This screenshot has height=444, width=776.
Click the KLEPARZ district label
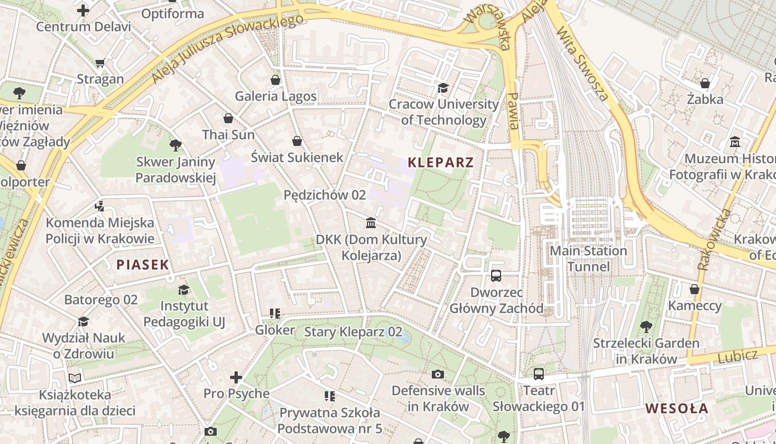(x=441, y=163)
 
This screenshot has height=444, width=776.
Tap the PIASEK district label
(x=142, y=265)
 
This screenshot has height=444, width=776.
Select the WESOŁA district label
(x=677, y=409)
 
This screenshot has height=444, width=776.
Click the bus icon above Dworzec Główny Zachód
(x=496, y=275)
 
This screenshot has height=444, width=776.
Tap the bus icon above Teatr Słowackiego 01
(x=539, y=374)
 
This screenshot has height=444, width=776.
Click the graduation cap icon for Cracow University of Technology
(x=443, y=88)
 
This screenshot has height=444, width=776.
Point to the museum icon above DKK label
(x=371, y=223)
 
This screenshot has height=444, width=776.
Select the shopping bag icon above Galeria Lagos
(x=275, y=80)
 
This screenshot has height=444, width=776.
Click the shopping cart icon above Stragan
(x=100, y=63)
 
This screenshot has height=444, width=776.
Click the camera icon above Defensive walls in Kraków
(x=438, y=374)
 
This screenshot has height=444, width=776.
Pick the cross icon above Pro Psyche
(x=236, y=378)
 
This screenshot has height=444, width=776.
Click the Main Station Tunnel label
(x=588, y=259)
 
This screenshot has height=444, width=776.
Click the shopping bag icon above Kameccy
(x=694, y=289)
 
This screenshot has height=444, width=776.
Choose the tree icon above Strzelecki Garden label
(x=646, y=326)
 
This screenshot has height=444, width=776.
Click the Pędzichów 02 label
(x=325, y=195)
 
